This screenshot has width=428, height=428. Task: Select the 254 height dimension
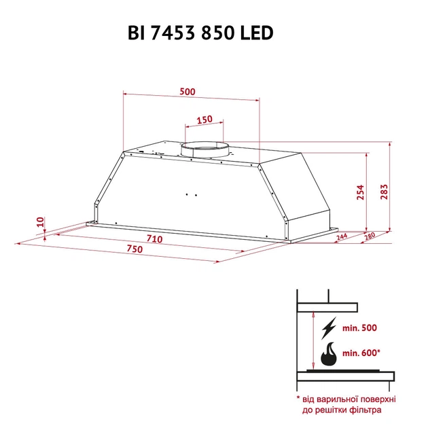(360, 193)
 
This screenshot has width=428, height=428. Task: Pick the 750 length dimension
(133, 250)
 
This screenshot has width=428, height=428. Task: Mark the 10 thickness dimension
(40, 221)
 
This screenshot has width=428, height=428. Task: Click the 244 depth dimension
(341, 236)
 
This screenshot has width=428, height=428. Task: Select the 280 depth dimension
(370, 236)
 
